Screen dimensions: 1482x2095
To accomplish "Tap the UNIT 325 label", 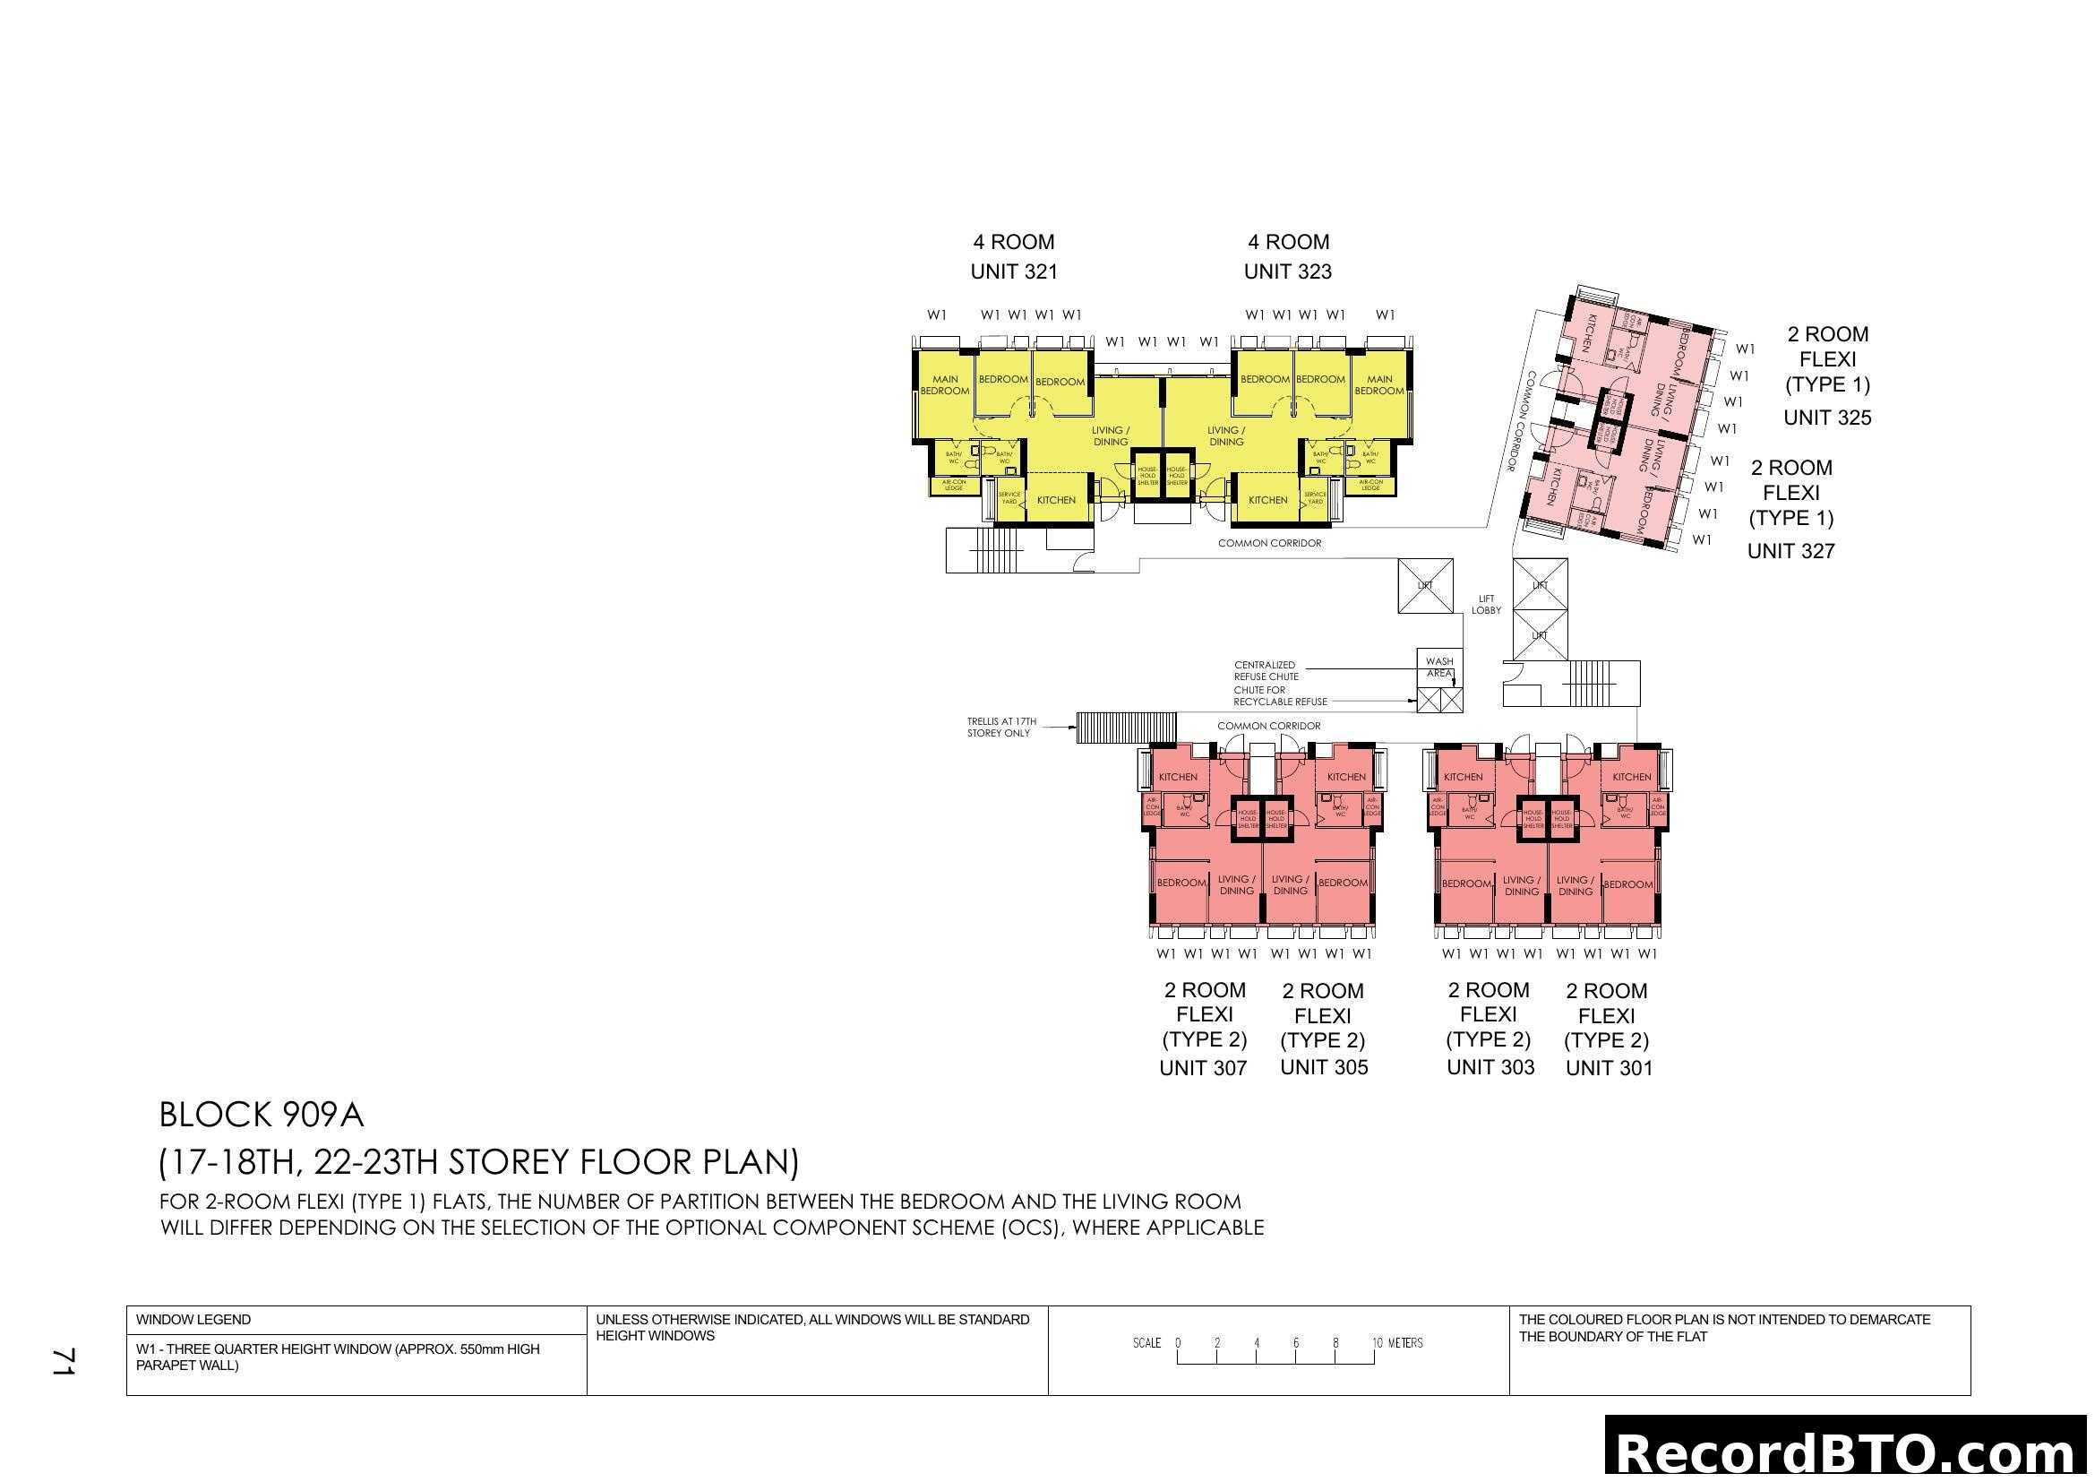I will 1826,417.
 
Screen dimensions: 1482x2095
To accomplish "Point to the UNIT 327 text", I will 1790,550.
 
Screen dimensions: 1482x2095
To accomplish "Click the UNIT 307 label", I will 1203,1068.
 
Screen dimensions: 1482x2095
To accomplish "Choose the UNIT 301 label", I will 1609,1068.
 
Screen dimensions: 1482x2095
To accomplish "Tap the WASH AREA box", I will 1439,668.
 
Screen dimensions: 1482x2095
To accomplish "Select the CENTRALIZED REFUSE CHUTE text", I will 1266,671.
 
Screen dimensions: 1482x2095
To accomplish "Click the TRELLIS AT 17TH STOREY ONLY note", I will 1001,728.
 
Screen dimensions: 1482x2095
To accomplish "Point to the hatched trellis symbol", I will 1126,728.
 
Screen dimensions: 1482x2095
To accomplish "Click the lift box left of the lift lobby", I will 1424,586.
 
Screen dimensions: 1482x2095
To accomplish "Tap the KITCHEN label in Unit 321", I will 1056,500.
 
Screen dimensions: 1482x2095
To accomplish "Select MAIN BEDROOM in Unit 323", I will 1378,385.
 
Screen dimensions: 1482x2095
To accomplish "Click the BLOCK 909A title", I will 261,1115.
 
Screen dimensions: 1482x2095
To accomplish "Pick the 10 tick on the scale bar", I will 1376,1342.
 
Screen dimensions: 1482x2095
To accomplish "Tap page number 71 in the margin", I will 64,1361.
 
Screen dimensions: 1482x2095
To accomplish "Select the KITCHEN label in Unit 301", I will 1631,777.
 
